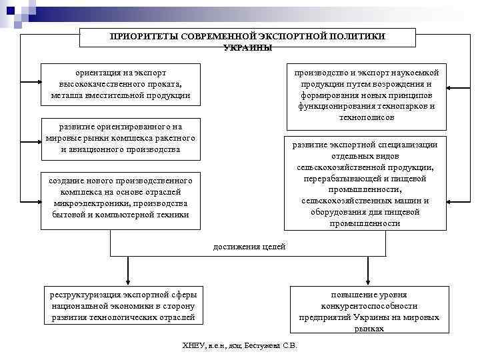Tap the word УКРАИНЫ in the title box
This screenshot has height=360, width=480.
click(x=247, y=48)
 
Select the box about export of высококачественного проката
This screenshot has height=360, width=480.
click(x=120, y=84)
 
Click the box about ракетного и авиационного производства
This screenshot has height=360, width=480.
click(x=120, y=138)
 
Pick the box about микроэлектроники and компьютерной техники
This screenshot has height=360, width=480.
click(x=120, y=197)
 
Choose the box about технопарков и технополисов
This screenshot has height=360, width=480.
click(x=367, y=95)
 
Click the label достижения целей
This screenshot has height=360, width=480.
click(x=249, y=247)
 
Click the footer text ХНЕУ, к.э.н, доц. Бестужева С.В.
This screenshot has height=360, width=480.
click(x=240, y=346)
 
